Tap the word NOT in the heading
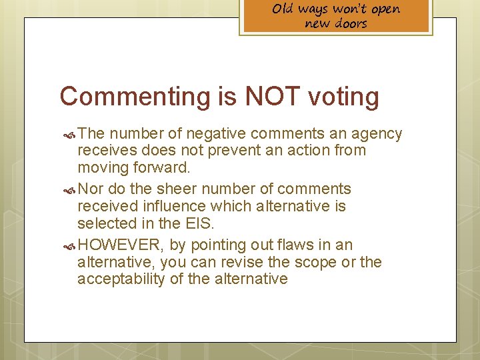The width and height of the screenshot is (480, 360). [x=271, y=97]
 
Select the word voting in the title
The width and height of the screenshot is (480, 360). [x=344, y=97]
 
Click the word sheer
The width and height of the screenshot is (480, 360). [x=187, y=189]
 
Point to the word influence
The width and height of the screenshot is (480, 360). [x=172, y=207]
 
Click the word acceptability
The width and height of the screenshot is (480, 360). [x=121, y=279]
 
